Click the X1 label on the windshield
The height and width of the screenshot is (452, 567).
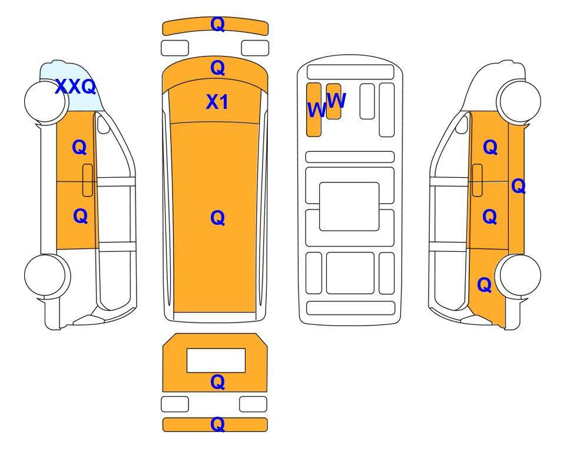pos(217,102)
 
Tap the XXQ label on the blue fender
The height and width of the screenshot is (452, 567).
pos(75,87)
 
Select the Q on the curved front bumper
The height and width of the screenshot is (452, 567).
pos(217,25)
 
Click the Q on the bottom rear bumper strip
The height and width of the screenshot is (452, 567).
pos(217,424)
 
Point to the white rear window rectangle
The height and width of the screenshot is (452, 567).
pos(216,360)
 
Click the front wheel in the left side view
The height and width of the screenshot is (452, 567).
pos(47,101)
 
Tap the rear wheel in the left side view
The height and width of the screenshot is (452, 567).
pos(47,275)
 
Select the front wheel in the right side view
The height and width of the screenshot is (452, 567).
pos(519,101)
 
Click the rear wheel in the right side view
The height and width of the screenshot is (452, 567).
pos(518,275)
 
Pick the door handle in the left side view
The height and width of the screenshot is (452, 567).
pos(88,180)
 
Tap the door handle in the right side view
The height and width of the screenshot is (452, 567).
pos(478,180)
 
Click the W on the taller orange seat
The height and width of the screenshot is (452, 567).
pos(317,109)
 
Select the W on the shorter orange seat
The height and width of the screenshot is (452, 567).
pos(337,100)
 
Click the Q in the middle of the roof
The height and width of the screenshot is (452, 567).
pos(217,218)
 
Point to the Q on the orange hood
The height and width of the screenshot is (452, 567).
pos(217,68)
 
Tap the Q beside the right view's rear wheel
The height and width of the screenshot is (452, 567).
pos(484,285)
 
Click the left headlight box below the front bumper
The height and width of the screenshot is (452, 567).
pos(175,48)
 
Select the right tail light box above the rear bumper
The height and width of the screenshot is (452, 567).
pos(253,404)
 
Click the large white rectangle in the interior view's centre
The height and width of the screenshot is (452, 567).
pos(349,207)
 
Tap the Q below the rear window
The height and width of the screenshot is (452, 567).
pos(217,382)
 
